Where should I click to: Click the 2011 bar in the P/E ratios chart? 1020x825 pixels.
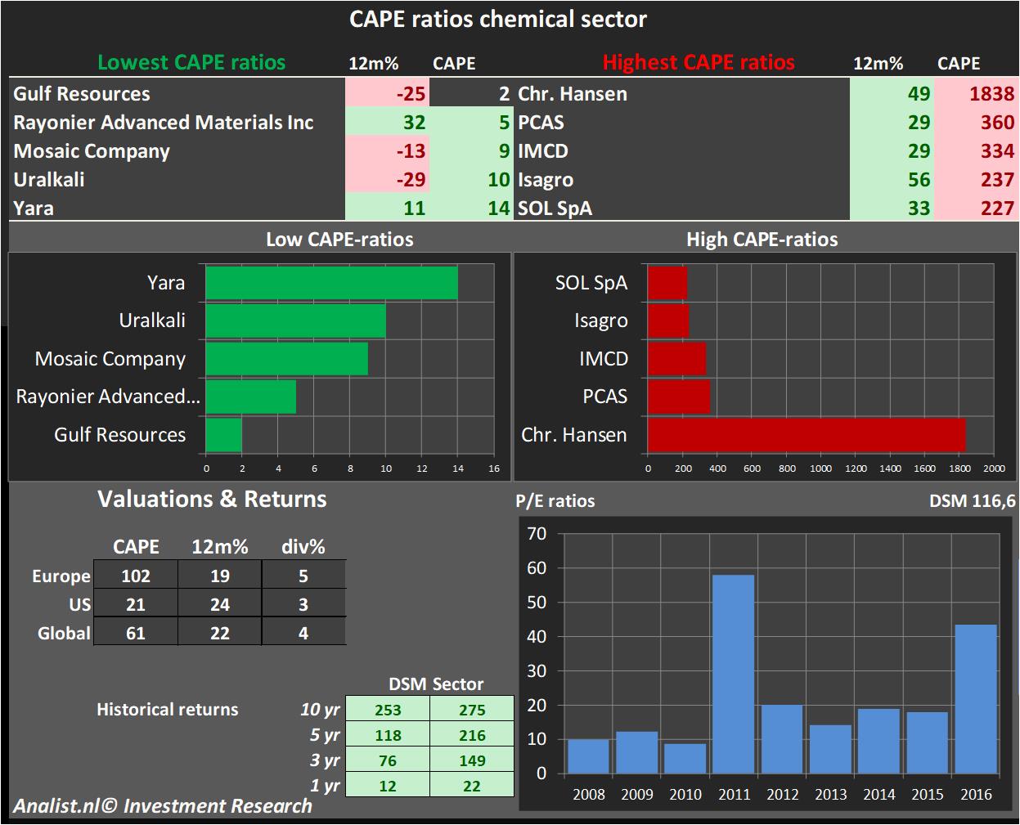(x=734, y=674)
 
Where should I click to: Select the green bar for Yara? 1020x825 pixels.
(x=331, y=283)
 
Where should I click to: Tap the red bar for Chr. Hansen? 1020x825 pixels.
(x=806, y=434)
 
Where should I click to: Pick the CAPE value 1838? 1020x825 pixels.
(x=991, y=94)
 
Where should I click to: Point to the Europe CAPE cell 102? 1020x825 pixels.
(x=136, y=576)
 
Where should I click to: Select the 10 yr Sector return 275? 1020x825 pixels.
(x=472, y=710)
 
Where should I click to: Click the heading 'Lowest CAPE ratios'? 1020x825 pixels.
(x=191, y=63)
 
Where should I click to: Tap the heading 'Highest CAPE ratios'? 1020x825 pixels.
(x=699, y=63)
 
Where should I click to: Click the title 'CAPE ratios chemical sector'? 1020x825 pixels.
(x=497, y=19)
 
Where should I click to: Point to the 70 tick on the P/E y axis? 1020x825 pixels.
(x=537, y=533)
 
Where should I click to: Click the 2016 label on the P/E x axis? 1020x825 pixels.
(x=976, y=794)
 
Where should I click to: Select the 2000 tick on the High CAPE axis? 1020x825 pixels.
(x=994, y=469)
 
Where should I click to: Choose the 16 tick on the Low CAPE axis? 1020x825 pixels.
(x=493, y=469)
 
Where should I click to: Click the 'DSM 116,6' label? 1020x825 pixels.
(x=972, y=500)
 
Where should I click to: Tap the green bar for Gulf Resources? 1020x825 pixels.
(x=223, y=434)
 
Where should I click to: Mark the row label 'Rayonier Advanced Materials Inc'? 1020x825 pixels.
(x=164, y=123)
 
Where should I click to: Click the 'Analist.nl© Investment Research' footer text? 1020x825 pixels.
(x=163, y=806)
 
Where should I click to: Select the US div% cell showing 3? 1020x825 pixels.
(x=303, y=604)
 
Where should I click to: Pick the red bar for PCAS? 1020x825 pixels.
(x=678, y=397)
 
